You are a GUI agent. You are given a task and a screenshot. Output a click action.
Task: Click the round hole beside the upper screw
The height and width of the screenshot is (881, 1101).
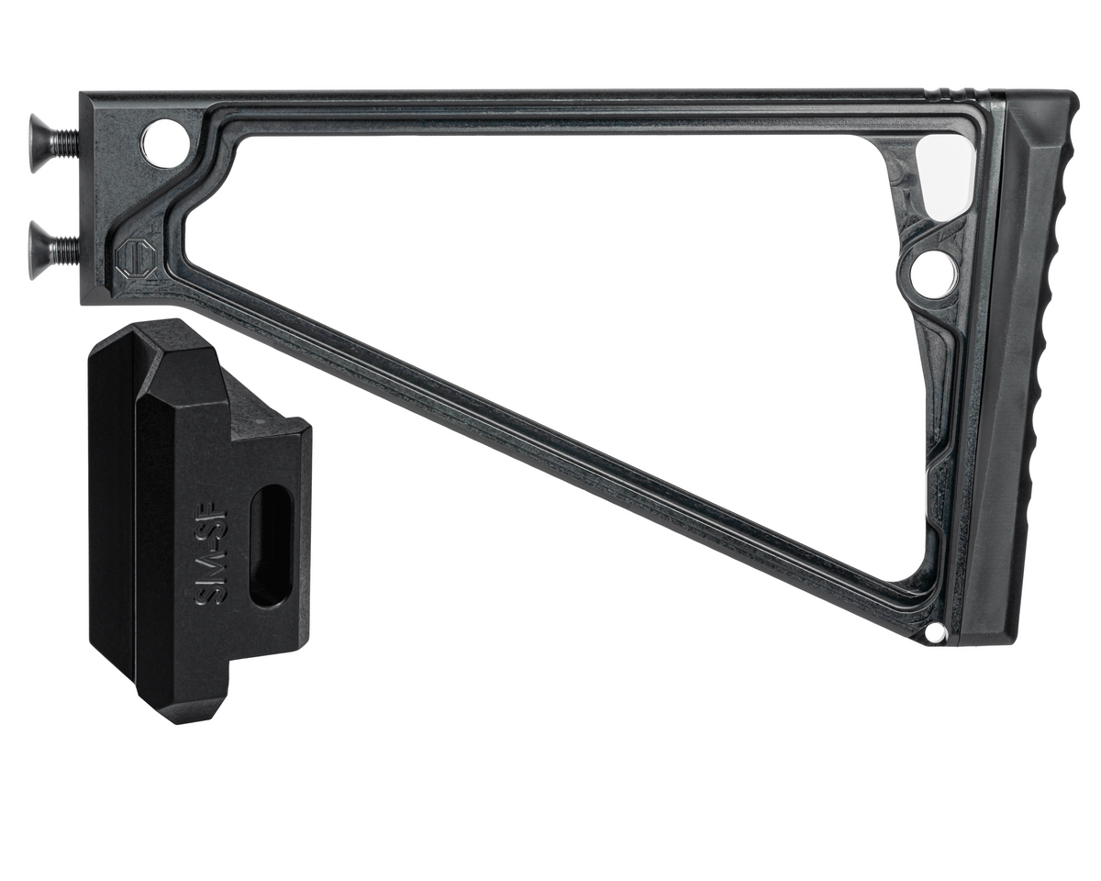pos(164,143)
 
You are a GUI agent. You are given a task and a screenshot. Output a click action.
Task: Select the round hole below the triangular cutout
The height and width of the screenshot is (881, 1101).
pos(932,271)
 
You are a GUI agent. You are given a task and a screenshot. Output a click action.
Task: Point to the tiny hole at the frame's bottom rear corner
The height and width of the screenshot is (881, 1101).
pos(934,633)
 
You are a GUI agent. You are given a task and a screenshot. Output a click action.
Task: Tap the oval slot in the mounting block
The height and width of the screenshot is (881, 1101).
pos(271,545)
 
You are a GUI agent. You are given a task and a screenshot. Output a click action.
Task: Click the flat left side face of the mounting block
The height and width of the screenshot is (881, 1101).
pos(112,514)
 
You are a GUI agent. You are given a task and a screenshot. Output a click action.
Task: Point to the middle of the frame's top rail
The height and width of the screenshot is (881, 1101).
pos(550,101)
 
